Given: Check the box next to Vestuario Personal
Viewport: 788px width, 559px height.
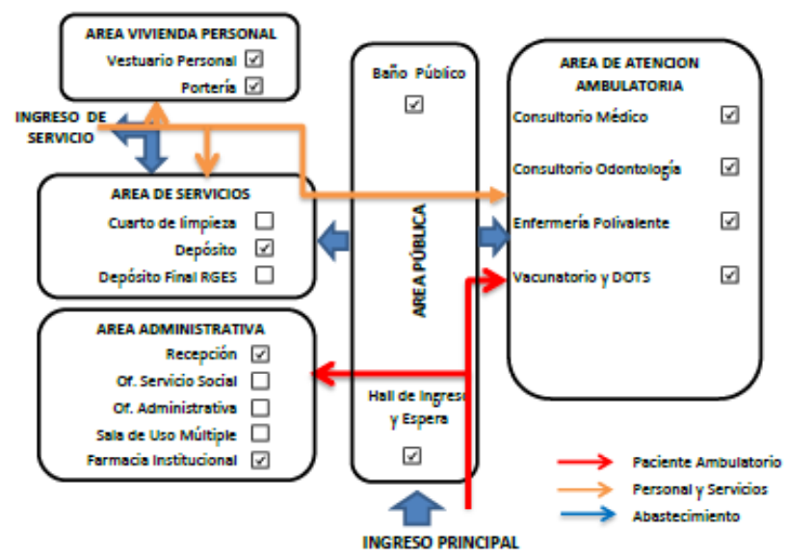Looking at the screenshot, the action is (x=254, y=59).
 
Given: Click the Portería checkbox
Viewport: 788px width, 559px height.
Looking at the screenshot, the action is (x=254, y=86).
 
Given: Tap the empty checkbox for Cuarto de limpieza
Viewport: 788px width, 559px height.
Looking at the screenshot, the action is (x=265, y=221).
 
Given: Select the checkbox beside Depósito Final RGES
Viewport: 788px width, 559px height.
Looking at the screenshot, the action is (x=265, y=275).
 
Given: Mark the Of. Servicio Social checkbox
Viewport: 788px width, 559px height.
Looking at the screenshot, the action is (x=260, y=381).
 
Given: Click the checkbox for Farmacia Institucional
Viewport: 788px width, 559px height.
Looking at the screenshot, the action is (x=260, y=460).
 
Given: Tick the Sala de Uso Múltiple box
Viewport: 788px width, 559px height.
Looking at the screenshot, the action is (x=260, y=433).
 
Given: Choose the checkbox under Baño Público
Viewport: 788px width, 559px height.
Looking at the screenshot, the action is (x=414, y=104).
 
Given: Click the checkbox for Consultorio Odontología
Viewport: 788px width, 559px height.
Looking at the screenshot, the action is (x=729, y=167).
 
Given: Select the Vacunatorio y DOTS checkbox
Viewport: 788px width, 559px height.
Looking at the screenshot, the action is (x=729, y=275).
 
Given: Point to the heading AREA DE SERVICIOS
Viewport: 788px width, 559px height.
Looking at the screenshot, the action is (x=180, y=194).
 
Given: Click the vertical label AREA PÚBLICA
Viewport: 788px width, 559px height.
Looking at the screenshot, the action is (x=420, y=260).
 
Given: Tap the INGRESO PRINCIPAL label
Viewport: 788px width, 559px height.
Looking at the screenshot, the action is (x=440, y=543).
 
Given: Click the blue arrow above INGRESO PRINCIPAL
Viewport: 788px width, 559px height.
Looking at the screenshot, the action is (x=417, y=509).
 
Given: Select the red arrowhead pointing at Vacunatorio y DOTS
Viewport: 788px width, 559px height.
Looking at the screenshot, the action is (x=495, y=280).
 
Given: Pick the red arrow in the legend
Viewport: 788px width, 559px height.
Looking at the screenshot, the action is (x=586, y=462).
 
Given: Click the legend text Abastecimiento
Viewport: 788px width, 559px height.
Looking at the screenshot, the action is (x=686, y=517).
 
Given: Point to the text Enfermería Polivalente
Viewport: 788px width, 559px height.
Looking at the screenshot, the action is (x=591, y=223).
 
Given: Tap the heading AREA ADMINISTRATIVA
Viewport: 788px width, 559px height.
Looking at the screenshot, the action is (x=180, y=330).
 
